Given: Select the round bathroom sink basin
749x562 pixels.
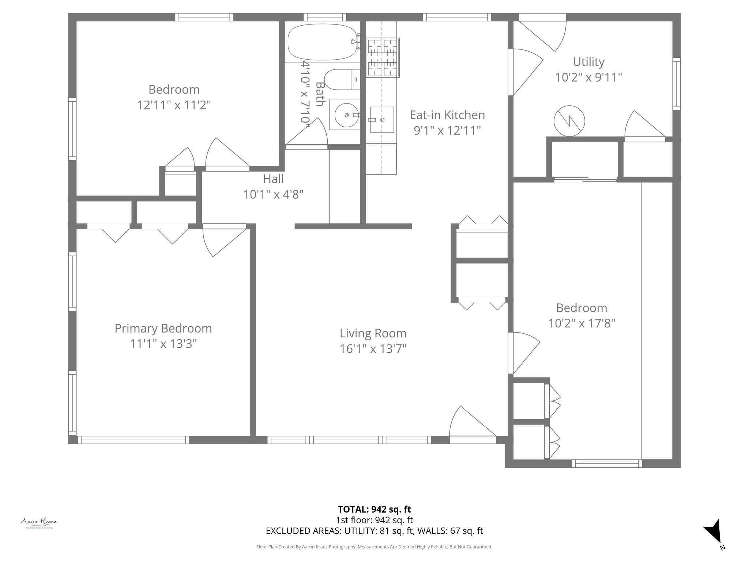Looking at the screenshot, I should [345, 115].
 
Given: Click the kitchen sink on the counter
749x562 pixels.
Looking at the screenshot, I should [382, 120].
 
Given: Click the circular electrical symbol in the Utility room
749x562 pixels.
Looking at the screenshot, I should [569, 121].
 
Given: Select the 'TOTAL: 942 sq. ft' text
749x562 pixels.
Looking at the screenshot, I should [374, 509].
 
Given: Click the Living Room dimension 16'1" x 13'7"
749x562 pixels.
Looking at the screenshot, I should [373, 349].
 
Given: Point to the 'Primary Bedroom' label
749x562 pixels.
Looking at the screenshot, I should [163, 328].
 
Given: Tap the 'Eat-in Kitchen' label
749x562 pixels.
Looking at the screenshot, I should [447, 115].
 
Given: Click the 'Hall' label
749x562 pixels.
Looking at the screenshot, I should [273, 179].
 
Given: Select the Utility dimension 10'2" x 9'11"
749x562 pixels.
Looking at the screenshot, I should [588, 77].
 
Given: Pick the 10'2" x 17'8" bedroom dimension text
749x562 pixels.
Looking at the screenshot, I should [581, 323].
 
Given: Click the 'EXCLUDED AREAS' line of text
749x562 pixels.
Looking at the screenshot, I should [374, 531].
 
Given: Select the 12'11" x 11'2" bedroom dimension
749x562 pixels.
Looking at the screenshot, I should [174, 105].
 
